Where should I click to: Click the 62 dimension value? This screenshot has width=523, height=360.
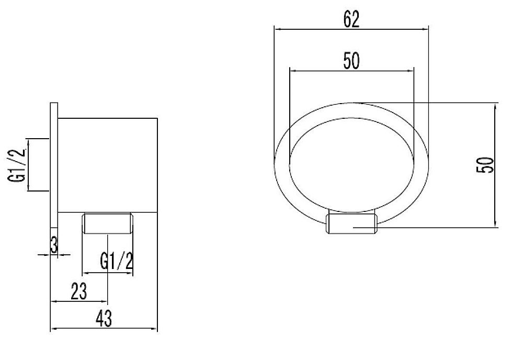351,19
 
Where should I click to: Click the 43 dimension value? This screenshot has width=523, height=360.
104,318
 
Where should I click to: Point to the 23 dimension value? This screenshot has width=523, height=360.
79,291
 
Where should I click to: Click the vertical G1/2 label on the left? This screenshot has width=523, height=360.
17,165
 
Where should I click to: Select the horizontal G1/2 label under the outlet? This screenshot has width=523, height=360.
117,261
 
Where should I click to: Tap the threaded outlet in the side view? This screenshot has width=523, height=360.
107,223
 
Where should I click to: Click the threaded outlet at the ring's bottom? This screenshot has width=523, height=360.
351,222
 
